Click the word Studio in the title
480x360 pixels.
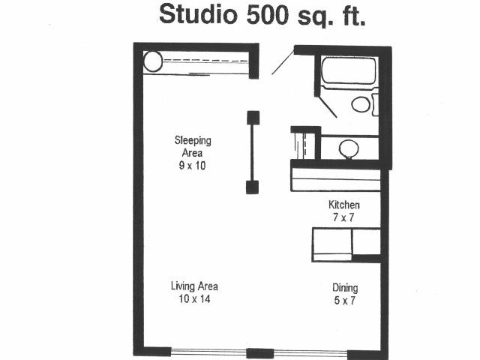click(x=198, y=14)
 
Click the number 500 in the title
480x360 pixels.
click(x=267, y=15)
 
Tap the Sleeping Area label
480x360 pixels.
click(x=193, y=146)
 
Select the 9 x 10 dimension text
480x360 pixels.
click(x=192, y=166)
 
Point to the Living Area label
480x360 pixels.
click(x=194, y=286)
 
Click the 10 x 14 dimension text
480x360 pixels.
click(x=194, y=298)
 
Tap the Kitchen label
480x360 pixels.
click(x=343, y=205)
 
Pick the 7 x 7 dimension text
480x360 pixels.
click(x=343, y=217)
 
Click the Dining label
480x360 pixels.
click(x=345, y=288)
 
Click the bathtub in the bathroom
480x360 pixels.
click(x=349, y=71)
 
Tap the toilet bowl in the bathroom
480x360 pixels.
click(x=361, y=104)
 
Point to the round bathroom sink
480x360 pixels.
click(x=349, y=149)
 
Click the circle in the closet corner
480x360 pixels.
click(x=153, y=61)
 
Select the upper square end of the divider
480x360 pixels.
click(x=253, y=118)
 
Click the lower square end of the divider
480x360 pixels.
click(x=252, y=187)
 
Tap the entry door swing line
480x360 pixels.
click(x=283, y=63)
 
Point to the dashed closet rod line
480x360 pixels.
click(x=205, y=61)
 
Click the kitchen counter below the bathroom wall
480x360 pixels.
click(x=336, y=180)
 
